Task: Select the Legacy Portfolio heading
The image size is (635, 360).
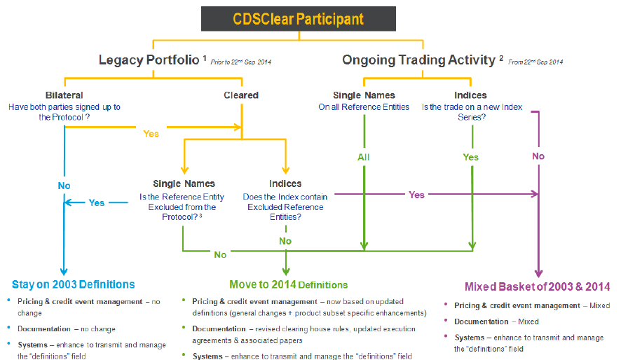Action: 149,60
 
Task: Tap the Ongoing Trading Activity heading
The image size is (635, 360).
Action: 418,60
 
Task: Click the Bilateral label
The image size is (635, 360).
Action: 64,95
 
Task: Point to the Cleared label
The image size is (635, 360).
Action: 241,95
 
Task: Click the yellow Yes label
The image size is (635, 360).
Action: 151,133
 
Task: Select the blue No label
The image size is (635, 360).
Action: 64,186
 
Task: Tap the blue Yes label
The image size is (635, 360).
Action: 96,202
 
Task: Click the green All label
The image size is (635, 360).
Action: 363,157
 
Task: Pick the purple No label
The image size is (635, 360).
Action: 538,156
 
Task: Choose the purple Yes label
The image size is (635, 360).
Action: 416,195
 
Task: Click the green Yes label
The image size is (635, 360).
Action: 471,157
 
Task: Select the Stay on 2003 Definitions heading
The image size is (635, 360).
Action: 74,284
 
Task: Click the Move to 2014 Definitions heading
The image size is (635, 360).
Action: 288,284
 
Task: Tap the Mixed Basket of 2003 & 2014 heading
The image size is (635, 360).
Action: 537,286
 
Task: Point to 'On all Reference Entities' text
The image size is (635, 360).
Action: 363,107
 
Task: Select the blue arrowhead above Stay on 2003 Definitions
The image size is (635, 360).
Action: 64,272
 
